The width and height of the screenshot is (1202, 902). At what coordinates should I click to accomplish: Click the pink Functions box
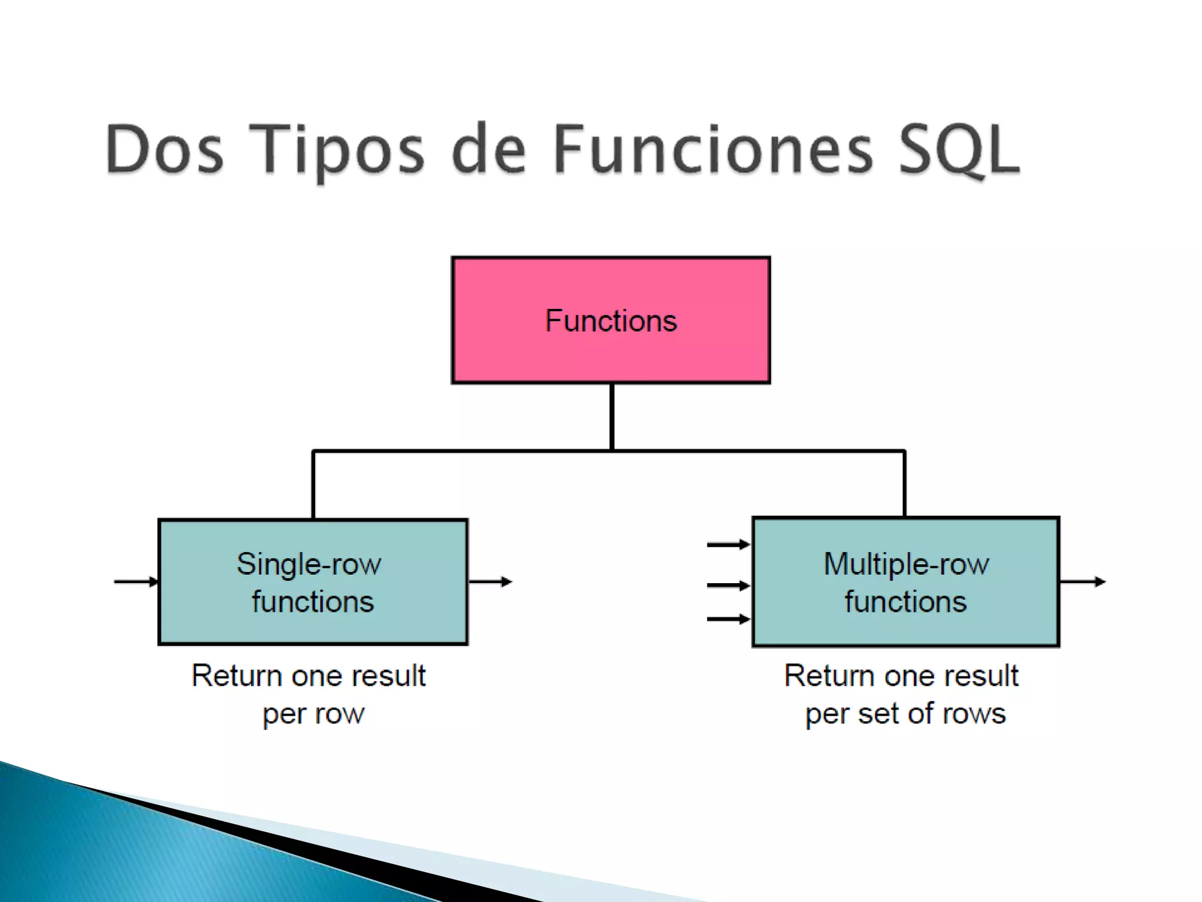(610, 320)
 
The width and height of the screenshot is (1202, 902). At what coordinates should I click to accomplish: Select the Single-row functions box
(313, 582)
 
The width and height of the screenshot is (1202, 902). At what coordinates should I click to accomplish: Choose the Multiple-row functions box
(906, 582)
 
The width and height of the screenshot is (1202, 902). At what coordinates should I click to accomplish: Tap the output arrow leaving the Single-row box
(491, 582)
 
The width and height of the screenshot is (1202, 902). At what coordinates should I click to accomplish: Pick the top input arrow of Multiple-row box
(728, 545)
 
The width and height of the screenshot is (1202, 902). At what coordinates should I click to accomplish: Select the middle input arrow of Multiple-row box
(728, 585)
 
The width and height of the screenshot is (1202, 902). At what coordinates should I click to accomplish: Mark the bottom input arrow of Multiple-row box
(728, 619)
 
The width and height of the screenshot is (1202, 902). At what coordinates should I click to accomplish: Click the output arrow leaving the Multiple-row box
(1083, 582)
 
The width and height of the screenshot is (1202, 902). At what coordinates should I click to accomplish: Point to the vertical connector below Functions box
(612, 417)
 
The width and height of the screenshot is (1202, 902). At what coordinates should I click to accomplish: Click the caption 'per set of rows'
(905, 714)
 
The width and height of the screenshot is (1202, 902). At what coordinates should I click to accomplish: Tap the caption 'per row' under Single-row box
(313, 714)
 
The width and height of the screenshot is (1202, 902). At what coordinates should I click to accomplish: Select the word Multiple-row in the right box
(906, 564)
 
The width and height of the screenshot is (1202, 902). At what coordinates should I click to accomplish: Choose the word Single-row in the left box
(309, 564)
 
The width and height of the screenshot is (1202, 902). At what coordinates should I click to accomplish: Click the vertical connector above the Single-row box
(313, 484)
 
